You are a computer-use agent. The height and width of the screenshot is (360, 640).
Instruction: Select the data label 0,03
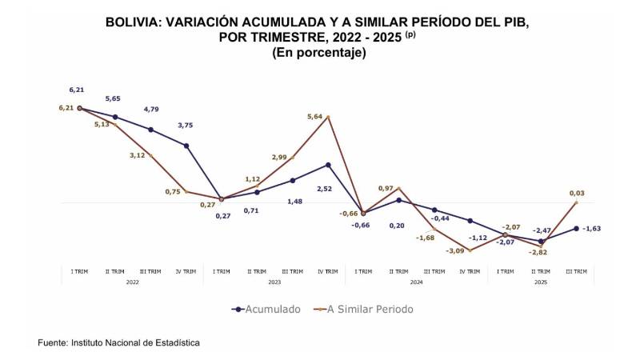[x=576, y=193]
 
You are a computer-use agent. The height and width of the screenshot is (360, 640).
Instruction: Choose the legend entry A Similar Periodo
[x=367, y=309]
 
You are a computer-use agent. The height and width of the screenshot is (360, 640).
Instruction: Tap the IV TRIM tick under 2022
[x=186, y=271]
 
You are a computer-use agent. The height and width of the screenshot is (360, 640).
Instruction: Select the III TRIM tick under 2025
[x=576, y=271]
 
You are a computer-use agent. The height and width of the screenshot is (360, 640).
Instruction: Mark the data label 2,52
[x=325, y=189]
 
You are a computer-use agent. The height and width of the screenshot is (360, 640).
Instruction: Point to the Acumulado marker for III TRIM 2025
[x=576, y=228]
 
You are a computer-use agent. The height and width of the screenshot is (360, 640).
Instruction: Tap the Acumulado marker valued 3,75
[x=186, y=146]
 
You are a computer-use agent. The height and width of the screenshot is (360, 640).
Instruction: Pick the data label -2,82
[x=539, y=252]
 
